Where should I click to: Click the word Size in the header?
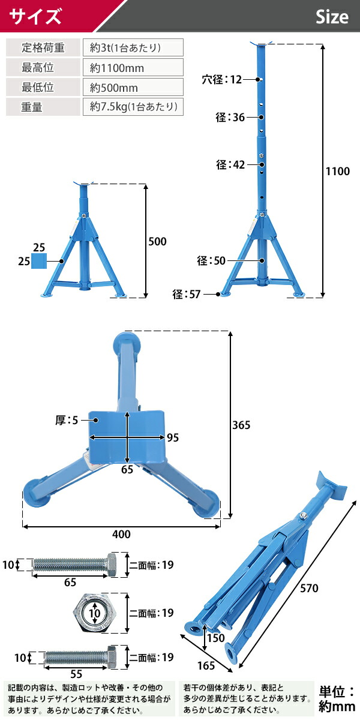332,17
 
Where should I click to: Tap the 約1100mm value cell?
133,67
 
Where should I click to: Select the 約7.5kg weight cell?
133,107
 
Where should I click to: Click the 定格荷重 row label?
43,47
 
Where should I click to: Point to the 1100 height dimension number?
337,172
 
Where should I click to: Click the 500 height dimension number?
157,241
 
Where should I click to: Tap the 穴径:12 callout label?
222,79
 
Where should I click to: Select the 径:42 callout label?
230,165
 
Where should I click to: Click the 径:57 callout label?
187,294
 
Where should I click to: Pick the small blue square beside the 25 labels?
39,261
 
